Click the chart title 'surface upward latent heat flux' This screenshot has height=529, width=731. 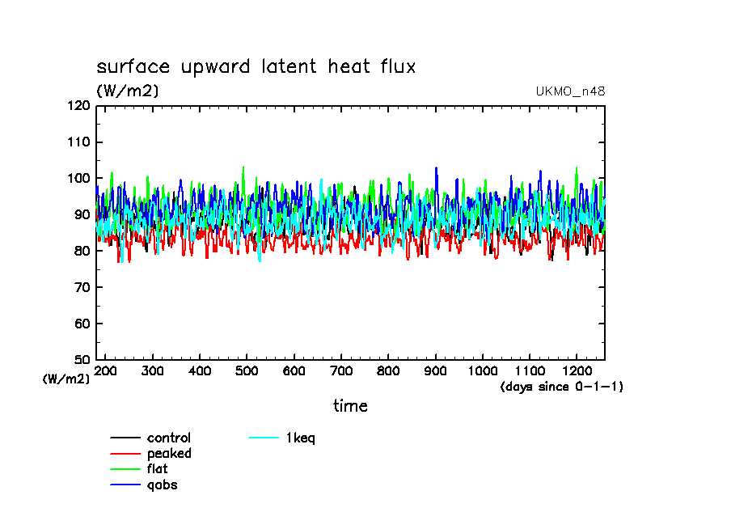pos(256,66)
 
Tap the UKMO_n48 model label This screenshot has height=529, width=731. pos(570,91)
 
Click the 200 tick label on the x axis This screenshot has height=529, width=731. pos(106,370)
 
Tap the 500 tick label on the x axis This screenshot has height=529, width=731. pos(247,370)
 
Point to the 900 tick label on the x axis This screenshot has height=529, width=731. pos(435,370)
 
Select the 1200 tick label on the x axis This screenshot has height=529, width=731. pos(576,370)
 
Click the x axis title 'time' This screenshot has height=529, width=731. pos(350,405)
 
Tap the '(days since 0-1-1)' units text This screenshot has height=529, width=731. pos(562,387)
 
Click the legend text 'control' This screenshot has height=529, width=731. pos(169,438)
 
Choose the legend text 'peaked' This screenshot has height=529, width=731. pos(169,454)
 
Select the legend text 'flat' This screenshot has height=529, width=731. pos(158,469)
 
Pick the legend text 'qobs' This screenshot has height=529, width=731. pos(162,485)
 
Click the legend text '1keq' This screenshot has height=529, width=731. pos(300,438)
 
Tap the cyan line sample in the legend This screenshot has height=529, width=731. pos(263,438)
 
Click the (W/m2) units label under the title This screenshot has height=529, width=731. pos(128,91)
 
